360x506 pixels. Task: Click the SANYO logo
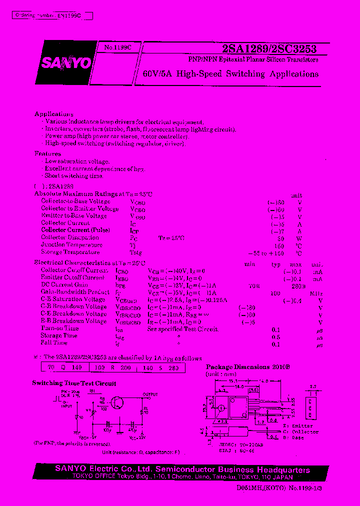66,63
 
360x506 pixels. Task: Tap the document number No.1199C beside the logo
118,47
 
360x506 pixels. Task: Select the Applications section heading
54,114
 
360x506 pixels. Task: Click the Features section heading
48,154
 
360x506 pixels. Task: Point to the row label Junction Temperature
72,245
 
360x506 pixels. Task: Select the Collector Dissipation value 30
280,238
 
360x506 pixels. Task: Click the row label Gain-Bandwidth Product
75,292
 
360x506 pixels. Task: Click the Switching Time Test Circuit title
74,383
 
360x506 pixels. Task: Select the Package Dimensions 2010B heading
248,367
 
